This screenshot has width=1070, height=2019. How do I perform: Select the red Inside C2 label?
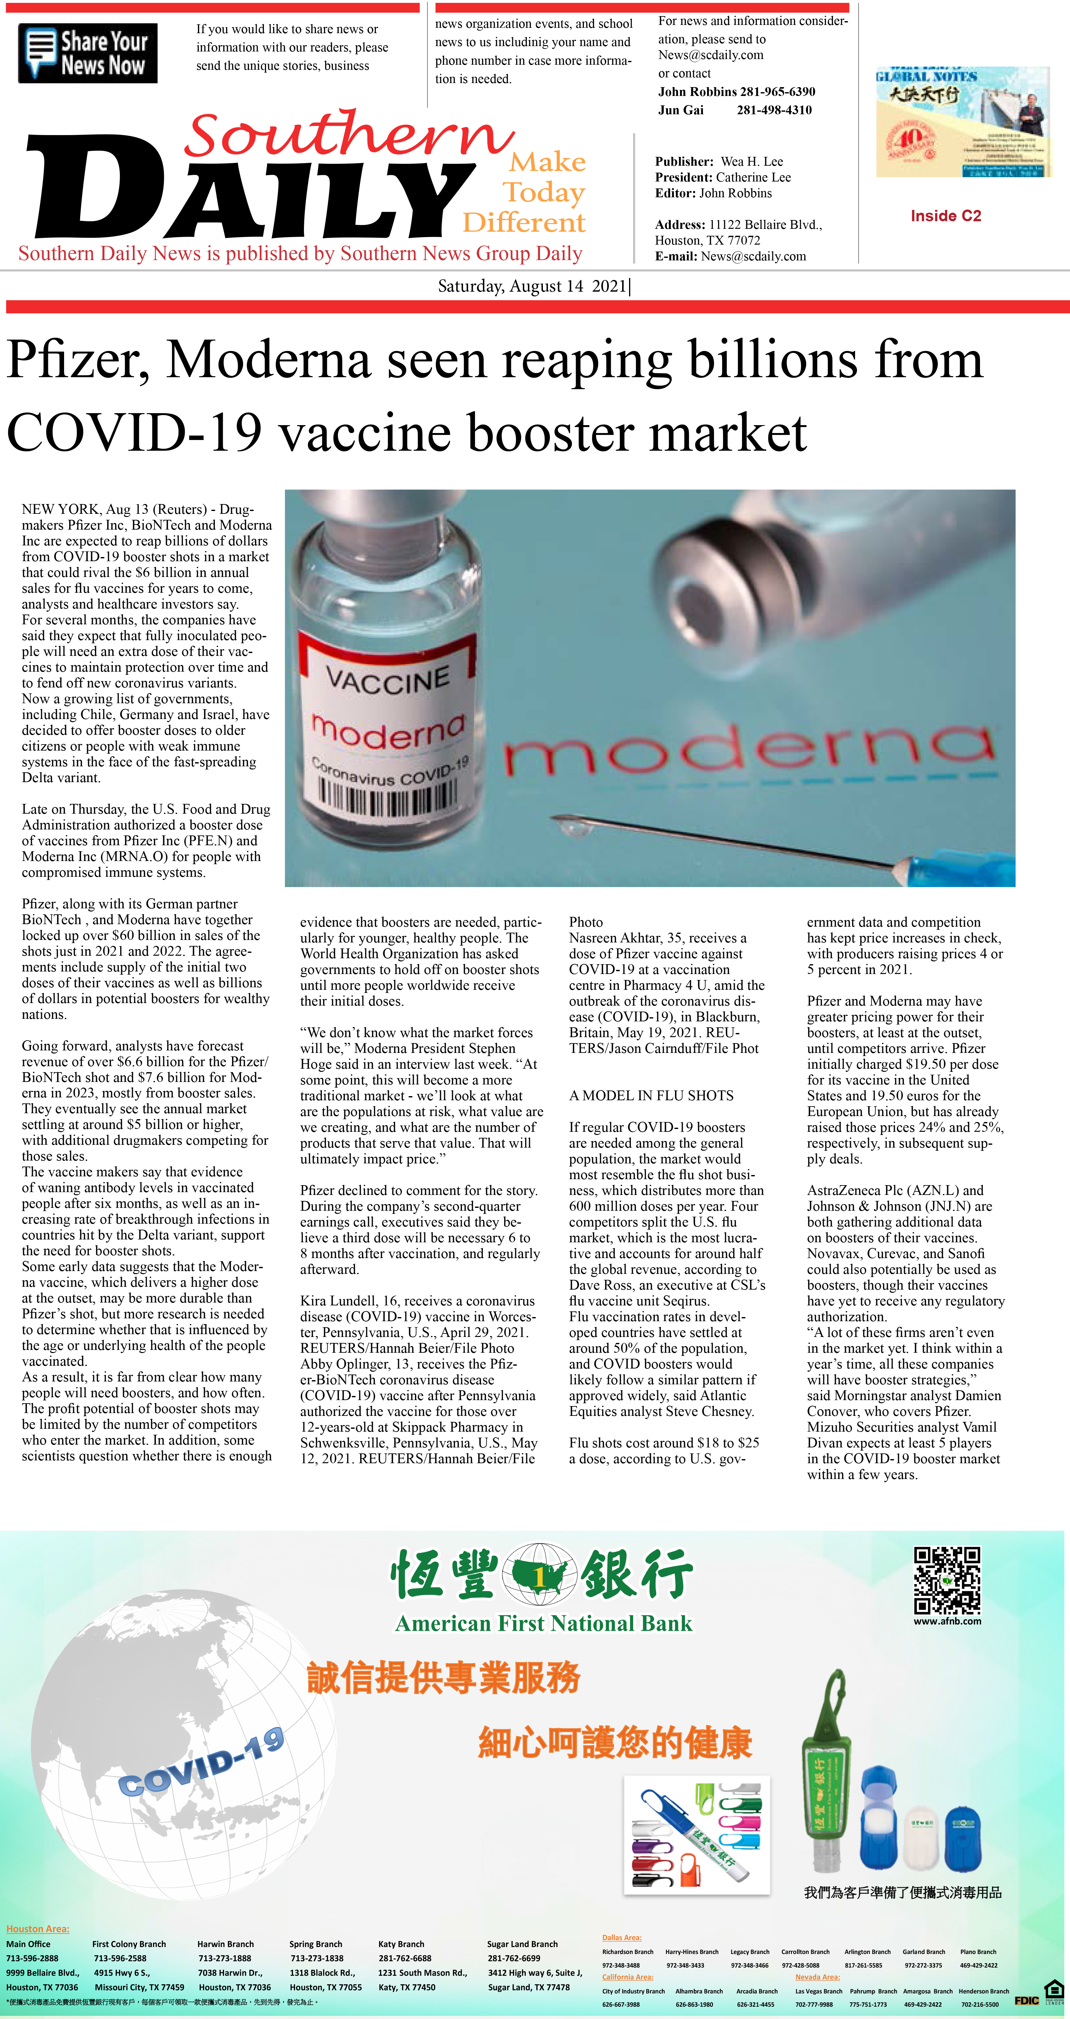click(945, 216)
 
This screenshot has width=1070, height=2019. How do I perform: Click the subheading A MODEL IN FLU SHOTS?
click(651, 1096)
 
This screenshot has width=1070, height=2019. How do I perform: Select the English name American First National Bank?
click(543, 1623)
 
